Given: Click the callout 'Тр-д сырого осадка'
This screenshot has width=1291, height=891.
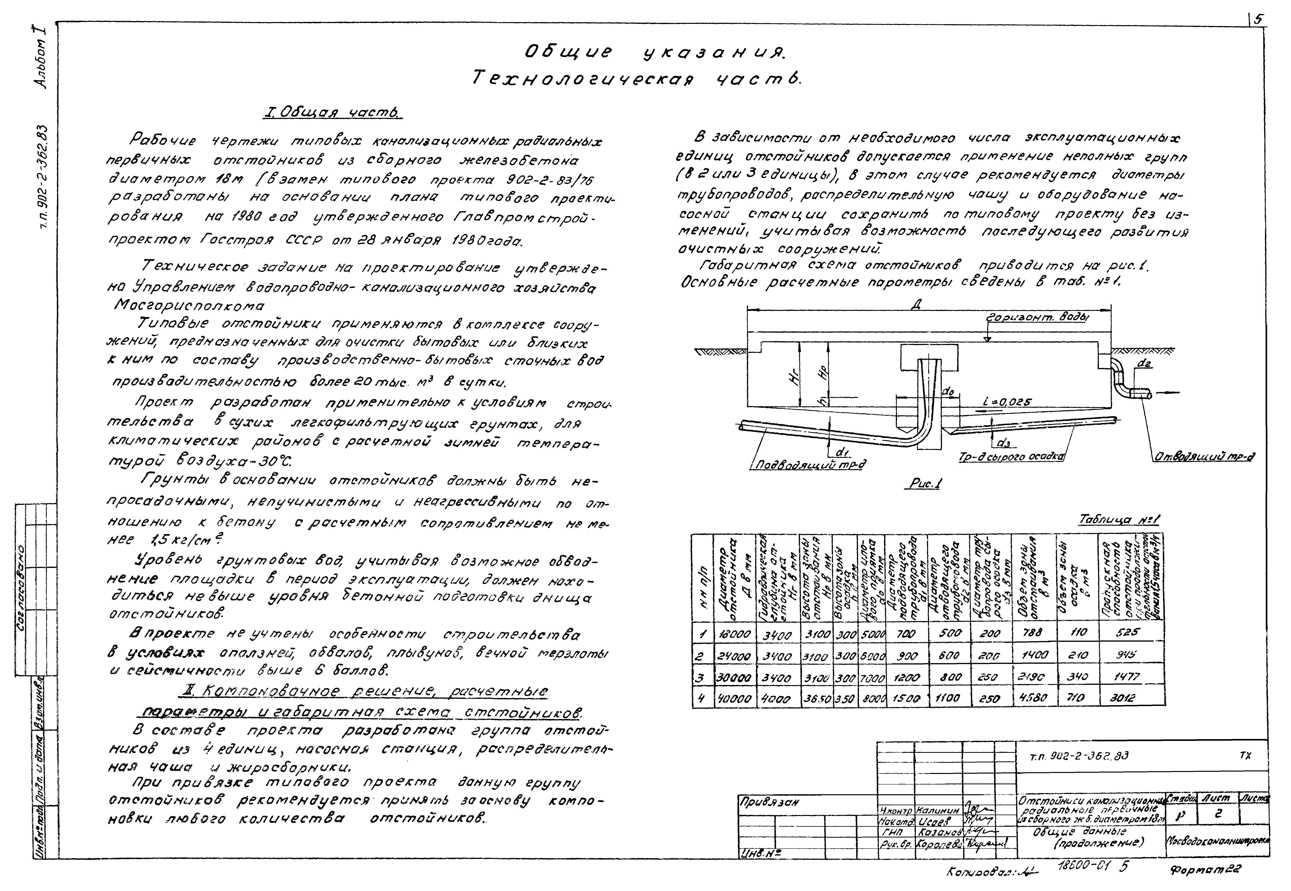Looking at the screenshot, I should click(1010, 457).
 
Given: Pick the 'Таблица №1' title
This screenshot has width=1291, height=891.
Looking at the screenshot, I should click(1119, 520).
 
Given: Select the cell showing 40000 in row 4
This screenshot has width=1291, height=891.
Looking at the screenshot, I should click(735, 698).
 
